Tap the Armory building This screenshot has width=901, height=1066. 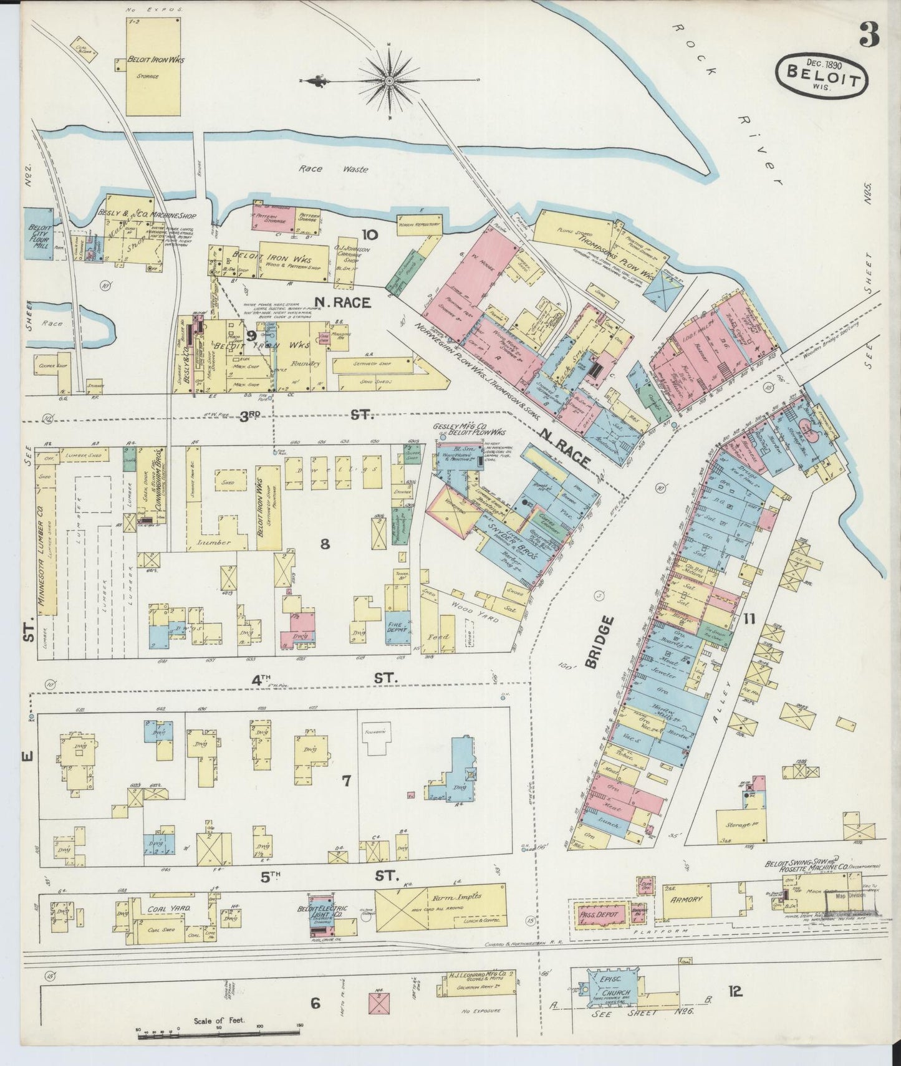coord(687,900)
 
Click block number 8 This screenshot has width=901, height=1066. coord(324,544)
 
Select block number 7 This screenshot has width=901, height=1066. coord(346,780)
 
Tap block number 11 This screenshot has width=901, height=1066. coord(748,619)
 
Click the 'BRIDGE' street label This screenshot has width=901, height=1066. coord(591,642)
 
